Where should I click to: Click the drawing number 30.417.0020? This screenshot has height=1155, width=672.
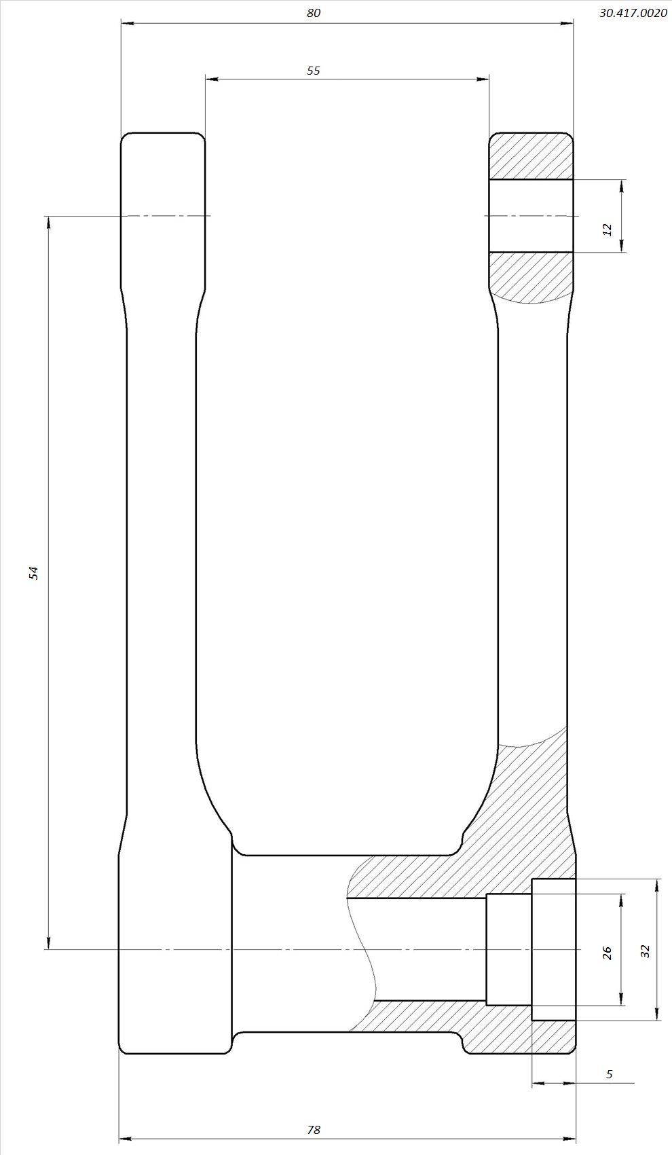coord(633,14)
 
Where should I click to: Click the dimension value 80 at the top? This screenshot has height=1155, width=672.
coord(314,14)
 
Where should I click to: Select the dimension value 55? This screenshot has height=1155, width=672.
coord(314,71)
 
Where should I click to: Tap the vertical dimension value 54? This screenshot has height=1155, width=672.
coord(33,573)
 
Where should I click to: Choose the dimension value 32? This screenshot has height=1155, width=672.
coord(645,951)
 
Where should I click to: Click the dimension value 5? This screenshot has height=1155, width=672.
coord(609,1074)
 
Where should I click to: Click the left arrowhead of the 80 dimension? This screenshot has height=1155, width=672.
coord(127,23)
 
